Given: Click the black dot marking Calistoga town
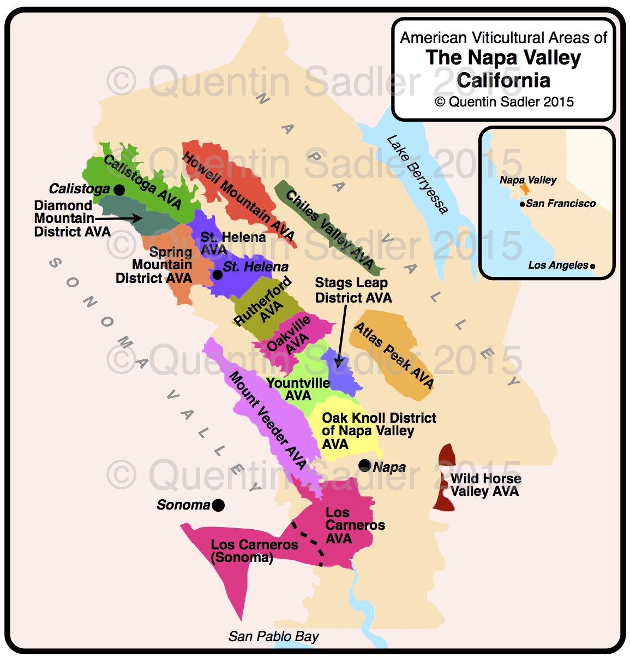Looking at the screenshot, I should click(119, 190).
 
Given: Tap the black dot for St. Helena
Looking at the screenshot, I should click(217, 275).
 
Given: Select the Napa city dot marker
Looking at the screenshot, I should click(364, 465).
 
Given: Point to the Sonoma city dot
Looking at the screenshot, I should click(218, 505).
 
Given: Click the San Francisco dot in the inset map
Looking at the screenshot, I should click(523, 204).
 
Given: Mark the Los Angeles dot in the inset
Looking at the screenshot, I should click(593, 267).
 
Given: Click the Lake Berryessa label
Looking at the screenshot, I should click(417, 174).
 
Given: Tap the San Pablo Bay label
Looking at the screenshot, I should click(273, 636).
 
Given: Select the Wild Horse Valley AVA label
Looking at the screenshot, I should click(485, 485).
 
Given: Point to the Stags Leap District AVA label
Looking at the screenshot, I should click(353, 290).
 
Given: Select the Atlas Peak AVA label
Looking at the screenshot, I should click(394, 355).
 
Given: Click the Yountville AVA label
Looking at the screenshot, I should click(298, 389).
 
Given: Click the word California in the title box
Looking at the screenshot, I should click(503, 80).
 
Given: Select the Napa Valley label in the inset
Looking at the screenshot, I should click(527, 180).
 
